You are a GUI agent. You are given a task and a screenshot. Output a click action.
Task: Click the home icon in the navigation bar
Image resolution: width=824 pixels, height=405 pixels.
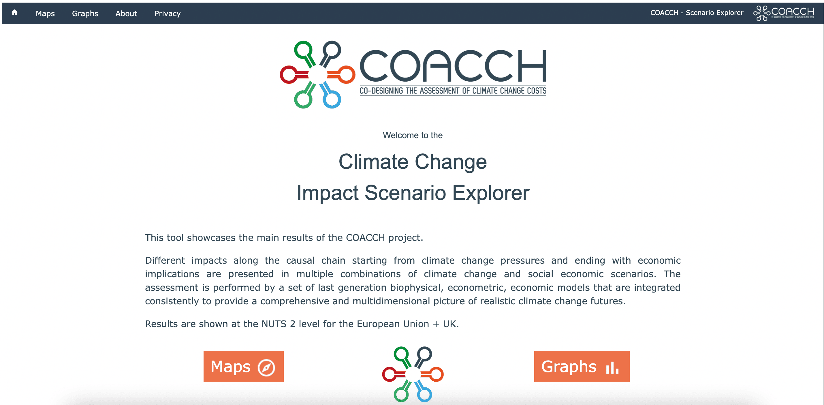(x=14, y=12)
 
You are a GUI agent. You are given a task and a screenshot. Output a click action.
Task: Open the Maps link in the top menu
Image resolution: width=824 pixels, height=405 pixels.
(x=45, y=14)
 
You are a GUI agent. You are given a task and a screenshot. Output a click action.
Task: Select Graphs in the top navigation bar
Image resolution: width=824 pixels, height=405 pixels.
(x=85, y=14)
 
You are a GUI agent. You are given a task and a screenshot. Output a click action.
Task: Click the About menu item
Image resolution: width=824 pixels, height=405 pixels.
(x=126, y=14)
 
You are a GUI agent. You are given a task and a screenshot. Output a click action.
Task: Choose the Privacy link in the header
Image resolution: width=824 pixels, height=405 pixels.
(x=167, y=14)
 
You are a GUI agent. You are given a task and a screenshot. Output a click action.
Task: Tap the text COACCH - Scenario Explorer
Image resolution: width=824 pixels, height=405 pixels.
(x=697, y=13)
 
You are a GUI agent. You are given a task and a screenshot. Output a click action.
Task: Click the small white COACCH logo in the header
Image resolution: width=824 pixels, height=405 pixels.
(x=784, y=13)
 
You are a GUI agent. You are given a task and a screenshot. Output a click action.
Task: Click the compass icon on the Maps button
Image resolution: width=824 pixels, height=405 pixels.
(x=266, y=367)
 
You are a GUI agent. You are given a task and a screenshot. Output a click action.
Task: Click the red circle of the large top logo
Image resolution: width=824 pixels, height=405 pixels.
(x=289, y=75)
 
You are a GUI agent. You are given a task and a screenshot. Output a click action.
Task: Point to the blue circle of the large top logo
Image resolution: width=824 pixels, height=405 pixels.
(x=332, y=100)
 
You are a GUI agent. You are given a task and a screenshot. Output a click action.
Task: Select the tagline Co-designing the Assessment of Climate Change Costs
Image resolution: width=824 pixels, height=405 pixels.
(x=453, y=91)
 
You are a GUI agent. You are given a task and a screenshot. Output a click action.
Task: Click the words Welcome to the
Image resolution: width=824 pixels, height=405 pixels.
(x=413, y=135)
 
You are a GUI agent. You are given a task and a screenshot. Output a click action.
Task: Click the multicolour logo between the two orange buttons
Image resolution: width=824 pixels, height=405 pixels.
(x=413, y=374)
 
